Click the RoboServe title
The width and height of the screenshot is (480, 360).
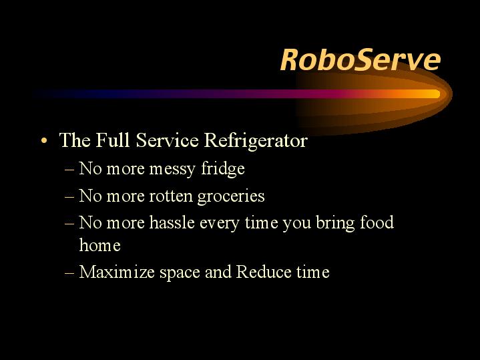point(361,59)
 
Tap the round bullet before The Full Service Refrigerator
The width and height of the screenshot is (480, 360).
point(44,141)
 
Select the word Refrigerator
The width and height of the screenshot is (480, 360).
point(256,141)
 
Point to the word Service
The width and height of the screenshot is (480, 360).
point(167,140)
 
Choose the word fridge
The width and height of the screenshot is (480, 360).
point(223,168)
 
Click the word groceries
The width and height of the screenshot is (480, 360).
point(231,197)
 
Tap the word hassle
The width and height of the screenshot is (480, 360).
point(172,222)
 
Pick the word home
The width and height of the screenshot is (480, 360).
point(99,245)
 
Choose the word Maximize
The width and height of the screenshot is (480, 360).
point(117,272)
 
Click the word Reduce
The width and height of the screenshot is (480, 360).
point(264,272)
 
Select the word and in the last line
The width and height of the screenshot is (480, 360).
point(218,272)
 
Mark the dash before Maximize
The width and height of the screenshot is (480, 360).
point(69,273)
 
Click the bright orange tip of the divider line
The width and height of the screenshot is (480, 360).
point(434,94)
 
